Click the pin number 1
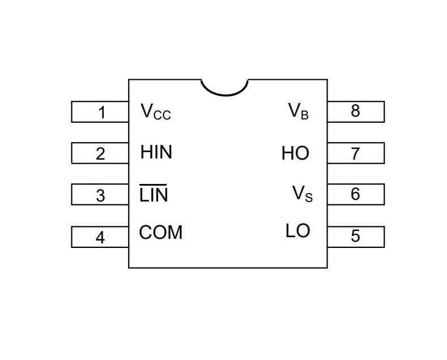101,112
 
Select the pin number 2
100,153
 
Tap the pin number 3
100,195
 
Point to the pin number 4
100,237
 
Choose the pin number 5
355,235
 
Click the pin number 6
355,194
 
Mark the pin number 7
355,153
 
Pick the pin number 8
355,111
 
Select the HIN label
156,152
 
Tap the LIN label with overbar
154,195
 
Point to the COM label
161,233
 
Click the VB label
299,111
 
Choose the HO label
295,153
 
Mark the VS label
302,194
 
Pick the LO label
297,231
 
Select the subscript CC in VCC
162,115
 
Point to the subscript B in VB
305,115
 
